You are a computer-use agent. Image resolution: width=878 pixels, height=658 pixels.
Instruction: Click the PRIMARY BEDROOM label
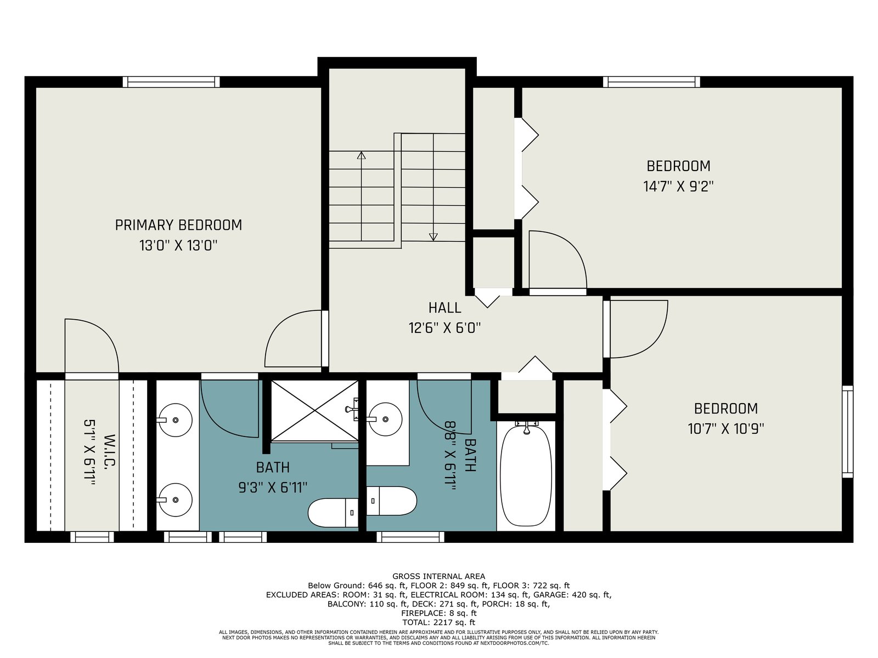coord(178,225)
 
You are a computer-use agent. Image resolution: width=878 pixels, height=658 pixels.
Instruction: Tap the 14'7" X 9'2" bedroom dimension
coord(678,186)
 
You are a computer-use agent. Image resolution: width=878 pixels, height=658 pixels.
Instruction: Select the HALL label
coord(445,308)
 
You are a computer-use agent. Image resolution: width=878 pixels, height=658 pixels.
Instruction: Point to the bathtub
coord(526,476)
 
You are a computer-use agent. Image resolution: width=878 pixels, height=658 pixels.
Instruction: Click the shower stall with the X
coord(315,411)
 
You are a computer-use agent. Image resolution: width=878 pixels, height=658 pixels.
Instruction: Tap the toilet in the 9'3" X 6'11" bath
coord(333,513)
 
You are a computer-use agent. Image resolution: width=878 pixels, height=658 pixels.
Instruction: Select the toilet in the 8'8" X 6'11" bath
coord(392,501)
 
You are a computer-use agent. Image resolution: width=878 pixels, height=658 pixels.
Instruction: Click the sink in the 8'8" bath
coord(385,419)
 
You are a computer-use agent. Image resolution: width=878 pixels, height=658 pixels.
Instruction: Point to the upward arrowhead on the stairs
coord(361,155)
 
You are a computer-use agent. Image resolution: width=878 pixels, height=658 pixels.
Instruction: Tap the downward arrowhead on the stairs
coord(433,237)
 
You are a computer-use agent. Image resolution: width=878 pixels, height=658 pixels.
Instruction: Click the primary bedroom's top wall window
coord(171,82)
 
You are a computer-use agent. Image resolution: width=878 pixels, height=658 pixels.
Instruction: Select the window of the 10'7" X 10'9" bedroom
coord(848,432)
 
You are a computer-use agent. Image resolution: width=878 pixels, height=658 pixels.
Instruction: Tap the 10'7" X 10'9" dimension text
coord(726,429)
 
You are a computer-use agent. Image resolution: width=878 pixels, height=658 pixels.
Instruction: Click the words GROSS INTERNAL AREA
coord(438,576)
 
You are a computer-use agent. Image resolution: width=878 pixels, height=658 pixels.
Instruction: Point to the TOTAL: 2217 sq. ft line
coord(438,622)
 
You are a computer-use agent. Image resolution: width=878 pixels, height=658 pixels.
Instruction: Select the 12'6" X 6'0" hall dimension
coord(444,328)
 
